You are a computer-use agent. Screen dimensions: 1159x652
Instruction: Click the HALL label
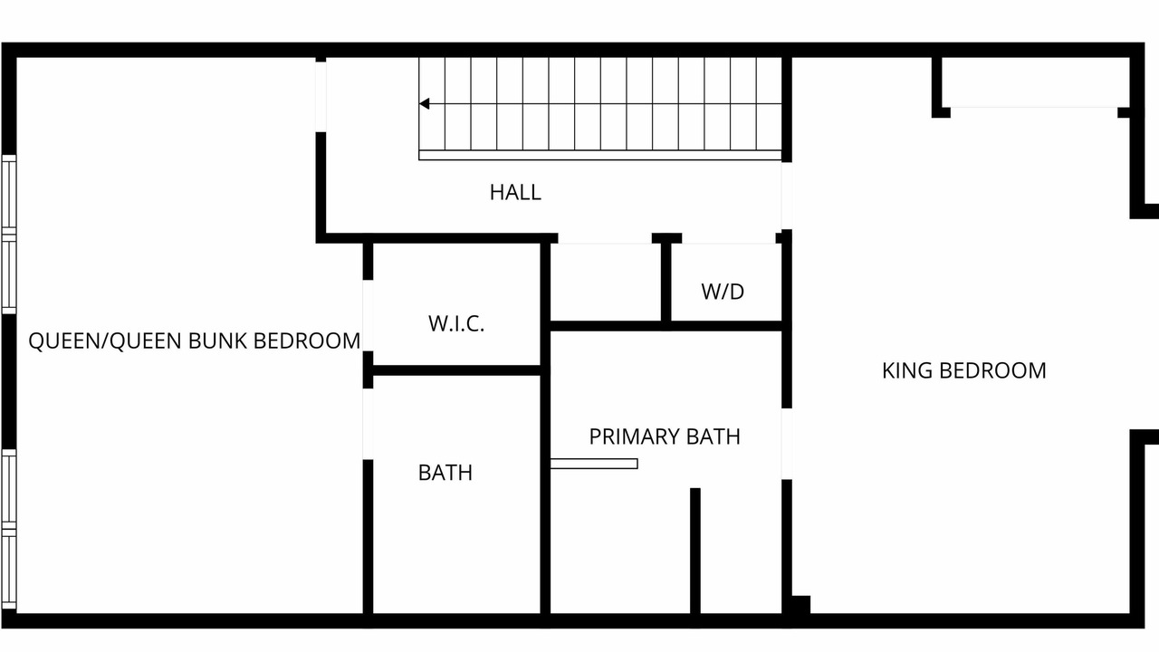[x=515, y=193]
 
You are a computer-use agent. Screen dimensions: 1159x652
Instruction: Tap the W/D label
[x=723, y=292]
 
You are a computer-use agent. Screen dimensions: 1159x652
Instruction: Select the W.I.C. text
[x=456, y=324]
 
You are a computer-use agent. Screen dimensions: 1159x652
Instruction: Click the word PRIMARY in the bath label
[x=635, y=436]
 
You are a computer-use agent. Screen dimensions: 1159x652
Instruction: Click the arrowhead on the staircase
[x=425, y=104]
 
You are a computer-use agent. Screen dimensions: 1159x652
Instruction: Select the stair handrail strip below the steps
[x=600, y=155]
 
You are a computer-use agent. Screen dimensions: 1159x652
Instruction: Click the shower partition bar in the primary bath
[x=594, y=464]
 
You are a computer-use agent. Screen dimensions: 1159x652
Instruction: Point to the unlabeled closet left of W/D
[x=606, y=282]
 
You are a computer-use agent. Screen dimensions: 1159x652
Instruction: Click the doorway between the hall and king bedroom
[x=787, y=196]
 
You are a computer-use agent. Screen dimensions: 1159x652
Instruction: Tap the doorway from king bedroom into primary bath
[x=787, y=444]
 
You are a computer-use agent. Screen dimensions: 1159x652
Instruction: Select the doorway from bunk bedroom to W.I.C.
[x=368, y=316]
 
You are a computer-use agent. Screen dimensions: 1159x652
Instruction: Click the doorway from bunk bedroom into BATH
[x=368, y=425]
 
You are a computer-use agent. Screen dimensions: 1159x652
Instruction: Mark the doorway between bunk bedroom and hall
[x=321, y=97]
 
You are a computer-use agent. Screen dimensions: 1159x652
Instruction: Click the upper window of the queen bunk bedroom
[x=9, y=235]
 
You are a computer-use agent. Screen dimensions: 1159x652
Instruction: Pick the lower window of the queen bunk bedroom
[x=9, y=530]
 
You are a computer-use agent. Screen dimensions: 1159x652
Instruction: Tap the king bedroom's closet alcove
[x=1035, y=82]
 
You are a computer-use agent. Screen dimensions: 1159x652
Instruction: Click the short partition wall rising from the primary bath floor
[x=695, y=551]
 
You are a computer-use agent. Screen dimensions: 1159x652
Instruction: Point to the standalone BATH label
[x=445, y=473]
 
